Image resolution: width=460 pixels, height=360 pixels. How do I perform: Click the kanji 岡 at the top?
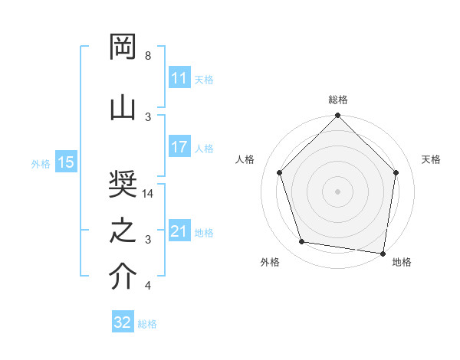[x=123, y=48]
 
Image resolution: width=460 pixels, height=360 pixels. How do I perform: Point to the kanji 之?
[x=123, y=232]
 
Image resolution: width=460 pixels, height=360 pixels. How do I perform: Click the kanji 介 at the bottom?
[x=123, y=278]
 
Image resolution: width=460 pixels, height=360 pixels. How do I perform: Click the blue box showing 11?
[x=179, y=78]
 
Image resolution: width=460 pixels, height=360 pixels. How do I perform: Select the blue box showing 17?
[x=179, y=147]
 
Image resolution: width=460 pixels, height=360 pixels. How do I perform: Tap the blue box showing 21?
[x=179, y=231]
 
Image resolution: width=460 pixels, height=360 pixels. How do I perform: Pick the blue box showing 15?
[x=65, y=162]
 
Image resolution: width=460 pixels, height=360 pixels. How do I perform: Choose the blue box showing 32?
[x=122, y=322]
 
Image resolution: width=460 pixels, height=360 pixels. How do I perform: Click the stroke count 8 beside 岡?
[x=148, y=56]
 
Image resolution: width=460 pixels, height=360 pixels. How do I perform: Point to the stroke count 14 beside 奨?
[x=148, y=194]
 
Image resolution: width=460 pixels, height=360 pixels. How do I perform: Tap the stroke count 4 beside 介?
[x=148, y=286]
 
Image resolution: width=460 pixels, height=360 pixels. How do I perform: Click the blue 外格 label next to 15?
[x=41, y=163]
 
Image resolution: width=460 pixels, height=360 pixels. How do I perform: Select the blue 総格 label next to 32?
[x=147, y=324]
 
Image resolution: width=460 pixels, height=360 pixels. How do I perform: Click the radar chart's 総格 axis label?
[x=337, y=100]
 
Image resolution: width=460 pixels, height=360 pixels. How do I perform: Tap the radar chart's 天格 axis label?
[x=432, y=159]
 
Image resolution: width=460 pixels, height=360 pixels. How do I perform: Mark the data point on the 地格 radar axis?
[x=383, y=252]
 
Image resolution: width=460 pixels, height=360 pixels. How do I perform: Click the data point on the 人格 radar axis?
[x=279, y=172]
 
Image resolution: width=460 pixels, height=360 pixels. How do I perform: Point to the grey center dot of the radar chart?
[x=337, y=191]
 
